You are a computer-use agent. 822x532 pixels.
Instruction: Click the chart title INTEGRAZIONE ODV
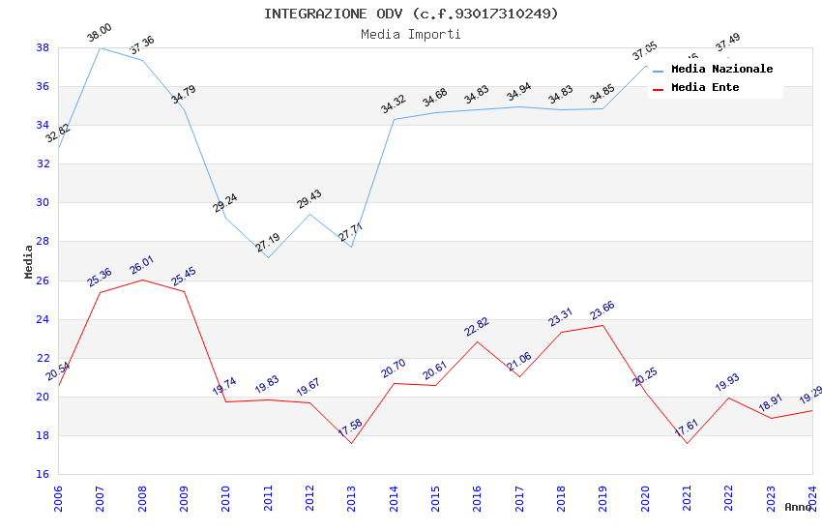[x=411, y=14]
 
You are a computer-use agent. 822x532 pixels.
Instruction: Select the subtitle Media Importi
[x=411, y=34]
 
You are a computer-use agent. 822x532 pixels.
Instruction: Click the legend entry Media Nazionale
[x=721, y=70]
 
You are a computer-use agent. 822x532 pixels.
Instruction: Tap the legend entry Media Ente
[x=705, y=88]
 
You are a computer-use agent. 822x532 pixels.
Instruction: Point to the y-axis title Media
[x=29, y=261]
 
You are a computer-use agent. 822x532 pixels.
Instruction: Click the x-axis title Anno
[x=798, y=507]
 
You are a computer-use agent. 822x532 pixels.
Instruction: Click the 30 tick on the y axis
[x=44, y=203]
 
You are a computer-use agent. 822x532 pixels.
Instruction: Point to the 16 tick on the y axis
[x=44, y=475]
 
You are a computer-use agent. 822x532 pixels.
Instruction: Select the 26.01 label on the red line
[x=142, y=265]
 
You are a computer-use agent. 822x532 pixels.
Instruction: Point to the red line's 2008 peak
[x=142, y=280]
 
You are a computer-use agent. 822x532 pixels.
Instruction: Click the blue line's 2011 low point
[x=268, y=257]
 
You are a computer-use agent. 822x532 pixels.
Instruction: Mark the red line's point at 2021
[x=687, y=443]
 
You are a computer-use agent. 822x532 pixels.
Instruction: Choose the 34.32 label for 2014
[x=393, y=104]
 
